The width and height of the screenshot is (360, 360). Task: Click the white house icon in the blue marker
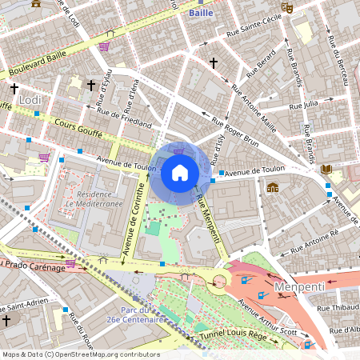point(180,172)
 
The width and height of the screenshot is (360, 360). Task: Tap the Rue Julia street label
point(303,104)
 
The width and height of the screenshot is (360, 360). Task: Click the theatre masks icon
point(287,6)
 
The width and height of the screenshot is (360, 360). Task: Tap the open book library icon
point(326,169)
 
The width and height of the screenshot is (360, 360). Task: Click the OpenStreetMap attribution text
point(81,354)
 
